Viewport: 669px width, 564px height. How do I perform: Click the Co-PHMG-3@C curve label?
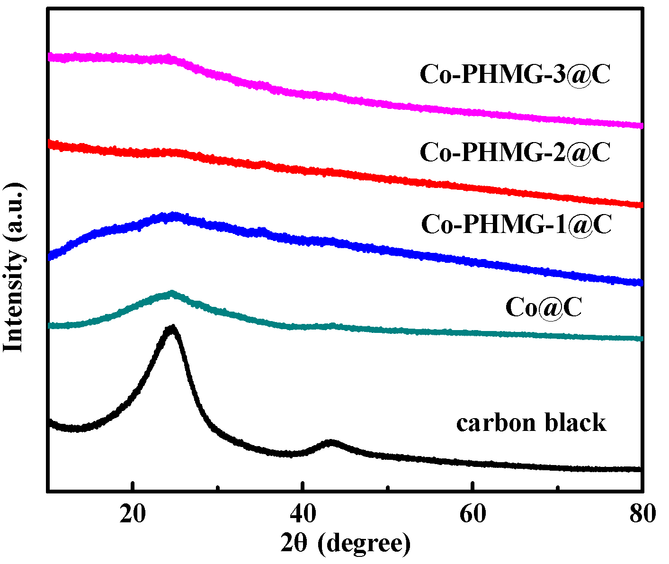coord(515,74)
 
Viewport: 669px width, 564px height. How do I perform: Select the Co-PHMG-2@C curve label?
coord(515,152)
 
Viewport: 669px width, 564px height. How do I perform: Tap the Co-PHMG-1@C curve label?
coord(516,224)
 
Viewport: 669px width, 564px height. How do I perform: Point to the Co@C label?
coord(543,307)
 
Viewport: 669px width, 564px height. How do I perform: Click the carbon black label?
coord(531,422)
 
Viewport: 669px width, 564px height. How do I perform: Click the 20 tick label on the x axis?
coord(133,514)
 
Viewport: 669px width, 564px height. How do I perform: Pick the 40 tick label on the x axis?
coord(303,514)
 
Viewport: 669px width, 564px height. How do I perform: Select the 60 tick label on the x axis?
coord(473,514)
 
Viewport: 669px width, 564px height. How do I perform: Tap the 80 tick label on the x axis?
coord(642,514)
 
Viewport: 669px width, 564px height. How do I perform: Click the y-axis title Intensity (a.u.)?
coord(14,267)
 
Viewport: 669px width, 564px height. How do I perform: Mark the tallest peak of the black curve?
coord(172,328)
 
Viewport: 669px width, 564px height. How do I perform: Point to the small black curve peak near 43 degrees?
coord(330,443)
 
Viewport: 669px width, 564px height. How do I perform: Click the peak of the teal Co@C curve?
coord(171,294)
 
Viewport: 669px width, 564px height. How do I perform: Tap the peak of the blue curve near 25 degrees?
coord(173,216)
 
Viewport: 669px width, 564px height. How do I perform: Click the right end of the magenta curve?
coord(641,125)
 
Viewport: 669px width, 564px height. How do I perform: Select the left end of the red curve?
coord(50,144)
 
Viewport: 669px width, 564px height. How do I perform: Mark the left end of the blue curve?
coord(50,256)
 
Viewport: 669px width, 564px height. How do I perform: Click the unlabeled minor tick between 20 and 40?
coord(218,488)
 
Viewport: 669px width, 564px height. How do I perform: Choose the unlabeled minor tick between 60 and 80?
coord(557,488)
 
